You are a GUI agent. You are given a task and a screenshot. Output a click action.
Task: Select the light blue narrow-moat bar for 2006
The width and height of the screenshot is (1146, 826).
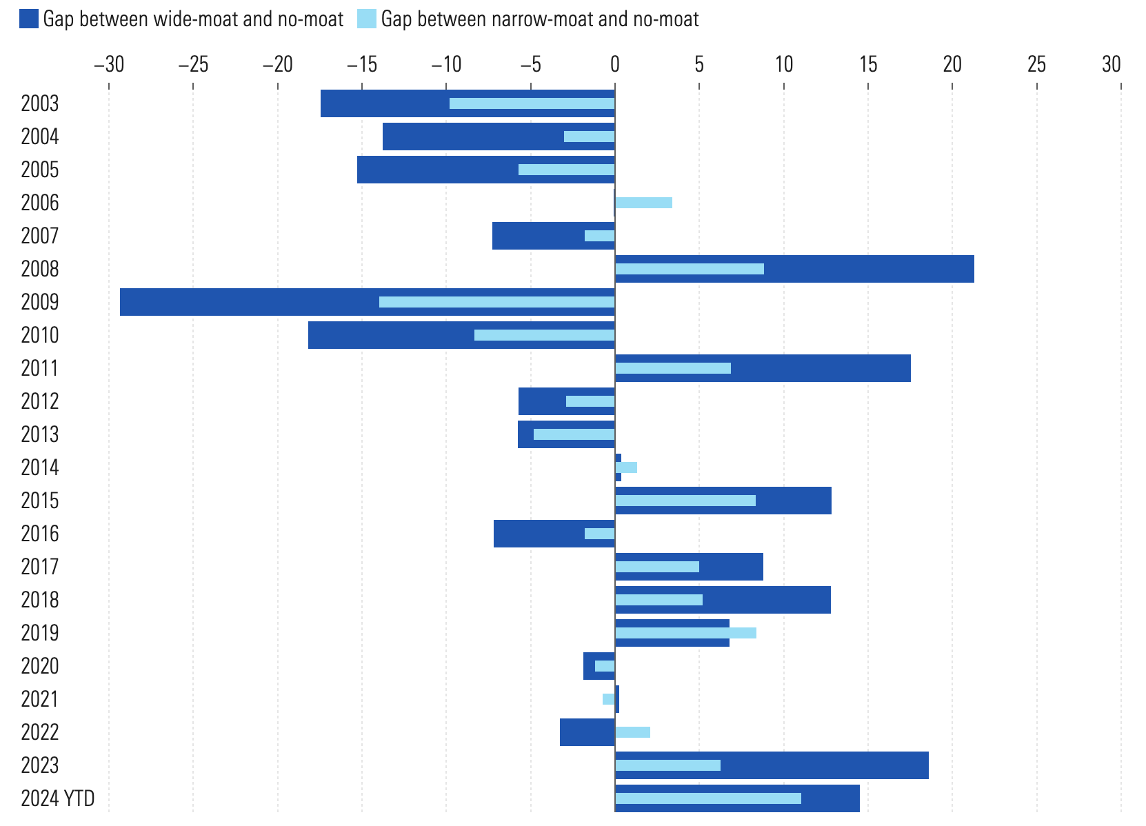[x=643, y=203]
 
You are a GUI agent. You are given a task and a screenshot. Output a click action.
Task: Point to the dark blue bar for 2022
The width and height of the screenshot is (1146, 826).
[x=587, y=732]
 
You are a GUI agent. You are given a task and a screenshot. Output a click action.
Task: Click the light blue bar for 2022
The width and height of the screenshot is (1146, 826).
[x=632, y=732]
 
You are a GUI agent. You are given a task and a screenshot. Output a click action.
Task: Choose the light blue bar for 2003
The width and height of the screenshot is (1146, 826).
[x=532, y=103]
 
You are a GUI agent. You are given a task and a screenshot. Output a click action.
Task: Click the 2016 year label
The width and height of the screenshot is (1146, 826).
[x=40, y=534]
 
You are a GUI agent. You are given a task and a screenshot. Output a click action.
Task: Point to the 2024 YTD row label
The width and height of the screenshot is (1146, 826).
[x=58, y=798]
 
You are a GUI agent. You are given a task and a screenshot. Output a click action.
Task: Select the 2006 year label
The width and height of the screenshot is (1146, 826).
[x=40, y=203]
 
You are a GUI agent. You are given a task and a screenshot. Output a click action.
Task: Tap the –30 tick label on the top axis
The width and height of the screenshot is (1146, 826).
[x=108, y=65]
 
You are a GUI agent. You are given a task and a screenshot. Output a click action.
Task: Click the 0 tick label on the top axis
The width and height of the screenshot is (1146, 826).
[x=615, y=65]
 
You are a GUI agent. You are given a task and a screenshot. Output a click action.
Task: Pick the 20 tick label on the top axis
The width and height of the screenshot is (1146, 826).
[x=952, y=65]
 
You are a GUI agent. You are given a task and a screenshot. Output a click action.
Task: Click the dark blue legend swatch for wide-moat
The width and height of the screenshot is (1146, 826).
[x=29, y=19]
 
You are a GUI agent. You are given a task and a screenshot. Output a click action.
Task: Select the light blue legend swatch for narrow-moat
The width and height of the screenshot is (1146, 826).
[x=367, y=19]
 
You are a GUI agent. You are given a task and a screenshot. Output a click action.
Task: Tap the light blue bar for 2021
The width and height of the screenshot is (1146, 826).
[x=608, y=699]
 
